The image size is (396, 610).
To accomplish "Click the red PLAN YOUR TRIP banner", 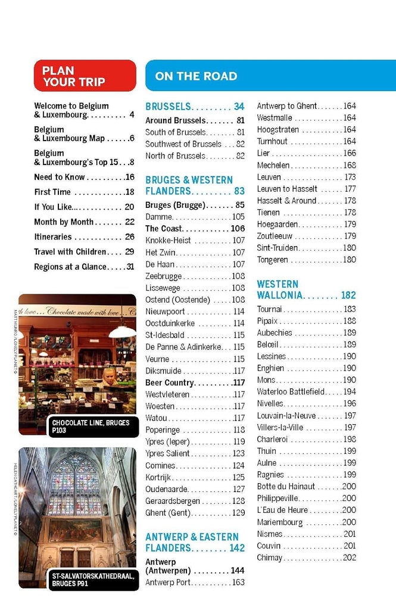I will point(85,76).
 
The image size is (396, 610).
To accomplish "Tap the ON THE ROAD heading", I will point(196,76).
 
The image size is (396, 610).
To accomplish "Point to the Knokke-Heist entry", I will point(169,241).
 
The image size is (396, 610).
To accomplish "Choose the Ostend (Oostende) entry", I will point(178,300).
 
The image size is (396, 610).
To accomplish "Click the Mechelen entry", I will point(273,165).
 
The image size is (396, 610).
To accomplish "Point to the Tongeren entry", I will point(272,260).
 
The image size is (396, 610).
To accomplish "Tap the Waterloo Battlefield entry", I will point(291,391).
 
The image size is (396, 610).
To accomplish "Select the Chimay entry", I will point(270,558).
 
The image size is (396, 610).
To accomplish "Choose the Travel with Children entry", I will point(70,251).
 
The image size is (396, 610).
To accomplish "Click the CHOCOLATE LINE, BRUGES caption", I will point(91,426).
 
